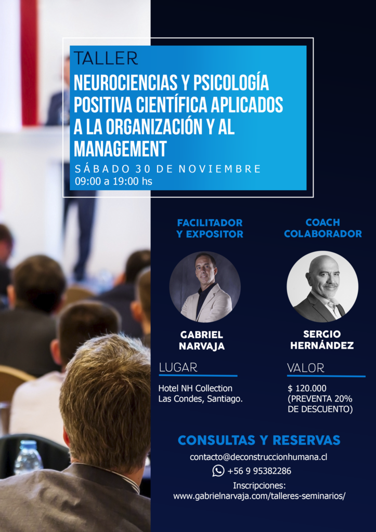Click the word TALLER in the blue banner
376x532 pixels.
pos(106,58)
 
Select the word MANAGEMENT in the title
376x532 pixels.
pos(120,148)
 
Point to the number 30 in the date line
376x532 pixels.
pos(143,169)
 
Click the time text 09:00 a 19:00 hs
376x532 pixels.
pos(113,181)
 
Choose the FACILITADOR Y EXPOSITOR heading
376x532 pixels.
pos(210,229)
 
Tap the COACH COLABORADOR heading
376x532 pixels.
pos(322,228)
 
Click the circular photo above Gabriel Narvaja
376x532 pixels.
pos(205,287)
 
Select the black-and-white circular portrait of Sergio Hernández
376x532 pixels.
pos(322,287)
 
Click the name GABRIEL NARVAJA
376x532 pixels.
pos(202,340)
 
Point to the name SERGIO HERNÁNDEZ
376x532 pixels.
pos(322,340)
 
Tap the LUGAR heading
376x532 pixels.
pos(178,367)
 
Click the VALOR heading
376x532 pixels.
pos(306,368)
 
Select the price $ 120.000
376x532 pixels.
pos(307,388)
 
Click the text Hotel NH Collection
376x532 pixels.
pos(196,388)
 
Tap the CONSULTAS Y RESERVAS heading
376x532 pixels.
pos(259,440)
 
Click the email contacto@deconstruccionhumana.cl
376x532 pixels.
pos(258,457)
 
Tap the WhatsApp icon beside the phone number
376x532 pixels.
pos(218,471)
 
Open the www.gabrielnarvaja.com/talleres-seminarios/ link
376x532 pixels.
pos(259,496)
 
